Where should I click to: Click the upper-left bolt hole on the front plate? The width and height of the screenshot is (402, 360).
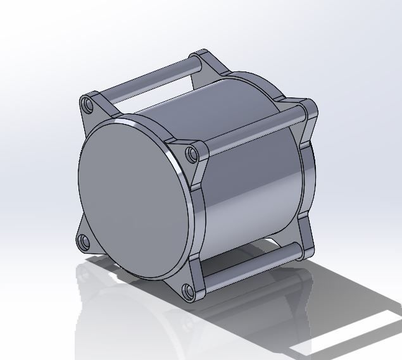(x=88, y=103)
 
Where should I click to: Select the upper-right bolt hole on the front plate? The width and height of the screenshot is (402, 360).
(x=192, y=154)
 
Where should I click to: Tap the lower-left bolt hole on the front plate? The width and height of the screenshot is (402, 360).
(x=82, y=240)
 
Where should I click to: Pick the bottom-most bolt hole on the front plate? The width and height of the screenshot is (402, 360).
(x=187, y=291)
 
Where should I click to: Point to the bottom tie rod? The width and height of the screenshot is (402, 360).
(x=250, y=267)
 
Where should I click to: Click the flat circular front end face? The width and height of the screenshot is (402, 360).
(x=133, y=196)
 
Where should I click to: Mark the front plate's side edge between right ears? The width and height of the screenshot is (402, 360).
(x=201, y=221)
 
